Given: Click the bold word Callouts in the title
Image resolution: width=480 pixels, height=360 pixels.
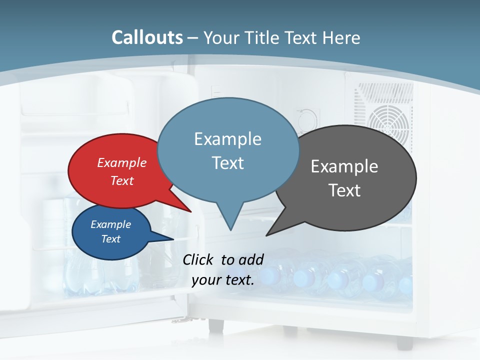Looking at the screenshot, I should [x=147, y=37].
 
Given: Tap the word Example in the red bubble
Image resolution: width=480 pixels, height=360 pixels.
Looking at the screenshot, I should [x=122, y=162].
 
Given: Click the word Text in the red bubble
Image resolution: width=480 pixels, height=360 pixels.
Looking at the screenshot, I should [x=122, y=180].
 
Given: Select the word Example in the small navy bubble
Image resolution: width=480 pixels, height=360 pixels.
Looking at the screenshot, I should [x=110, y=224].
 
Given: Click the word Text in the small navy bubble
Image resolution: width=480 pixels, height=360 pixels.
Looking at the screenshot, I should [x=110, y=239].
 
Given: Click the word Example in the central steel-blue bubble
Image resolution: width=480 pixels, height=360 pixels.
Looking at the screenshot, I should [x=227, y=139].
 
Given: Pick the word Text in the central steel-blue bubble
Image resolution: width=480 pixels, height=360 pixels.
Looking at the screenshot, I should [x=227, y=163].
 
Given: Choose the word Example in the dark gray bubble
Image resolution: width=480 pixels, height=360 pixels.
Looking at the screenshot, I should [x=344, y=166].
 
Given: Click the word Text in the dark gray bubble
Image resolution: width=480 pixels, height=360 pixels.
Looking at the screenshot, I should [x=344, y=190].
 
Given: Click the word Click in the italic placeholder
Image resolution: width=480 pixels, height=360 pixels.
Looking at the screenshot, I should [x=198, y=259].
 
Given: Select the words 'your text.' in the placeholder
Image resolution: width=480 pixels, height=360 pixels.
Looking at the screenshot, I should [x=223, y=280].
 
